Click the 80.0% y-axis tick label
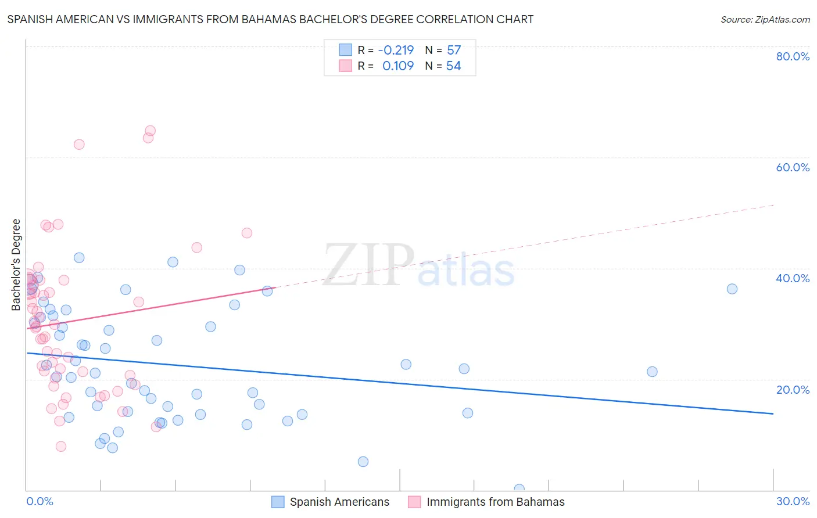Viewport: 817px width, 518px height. (x=793, y=56)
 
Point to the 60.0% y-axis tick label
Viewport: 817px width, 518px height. (x=793, y=167)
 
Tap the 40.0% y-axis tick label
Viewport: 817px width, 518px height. (x=793, y=278)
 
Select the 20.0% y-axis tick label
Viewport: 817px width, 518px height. (x=793, y=390)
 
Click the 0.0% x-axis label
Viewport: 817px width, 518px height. (x=40, y=501)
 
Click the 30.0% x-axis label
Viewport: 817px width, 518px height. (x=793, y=501)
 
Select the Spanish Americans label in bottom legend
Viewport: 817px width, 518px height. (x=339, y=502)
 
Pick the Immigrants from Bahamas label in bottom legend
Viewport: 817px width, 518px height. (x=495, y=502)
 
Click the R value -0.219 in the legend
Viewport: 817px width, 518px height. (x=396, y=50)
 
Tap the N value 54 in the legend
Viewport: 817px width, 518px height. (x=453, y=66)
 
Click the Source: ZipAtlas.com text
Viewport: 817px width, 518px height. (x=765, y=20)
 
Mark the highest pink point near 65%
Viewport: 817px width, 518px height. (x=150, y=131)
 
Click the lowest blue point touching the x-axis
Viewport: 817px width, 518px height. (x=519, y=489)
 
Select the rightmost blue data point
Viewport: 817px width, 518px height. (x=732, y=289)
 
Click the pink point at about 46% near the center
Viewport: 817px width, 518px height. (x=246, y=233)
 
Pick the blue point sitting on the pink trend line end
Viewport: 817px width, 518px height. (x=267, y=291)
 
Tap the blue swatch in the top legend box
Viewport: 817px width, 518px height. (x=345, y=50)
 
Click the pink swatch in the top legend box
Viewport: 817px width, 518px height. (x=345, y=66)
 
